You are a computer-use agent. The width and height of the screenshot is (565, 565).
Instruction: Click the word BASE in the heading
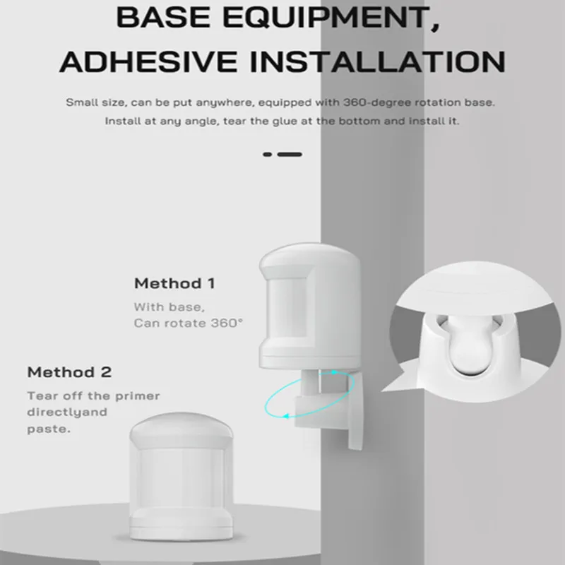click(164, 16)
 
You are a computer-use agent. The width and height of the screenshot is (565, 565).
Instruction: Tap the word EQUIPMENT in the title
click(331, 17)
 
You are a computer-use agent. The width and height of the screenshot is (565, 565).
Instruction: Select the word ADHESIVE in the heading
click(148, 61)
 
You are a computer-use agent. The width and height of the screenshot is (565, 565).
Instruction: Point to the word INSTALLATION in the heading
click(378, 61)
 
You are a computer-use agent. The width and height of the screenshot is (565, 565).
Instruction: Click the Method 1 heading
click(174, 283)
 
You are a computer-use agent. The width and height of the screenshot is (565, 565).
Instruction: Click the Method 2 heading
click(69, 372)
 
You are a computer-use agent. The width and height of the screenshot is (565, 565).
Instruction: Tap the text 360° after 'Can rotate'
click(227, 323)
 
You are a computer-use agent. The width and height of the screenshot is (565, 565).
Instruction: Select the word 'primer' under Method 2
click(137, 396)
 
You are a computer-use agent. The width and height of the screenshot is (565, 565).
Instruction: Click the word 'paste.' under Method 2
click(49, 429)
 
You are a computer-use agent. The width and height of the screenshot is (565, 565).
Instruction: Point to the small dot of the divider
click(268, 155)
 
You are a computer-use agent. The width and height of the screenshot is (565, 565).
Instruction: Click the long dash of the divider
click(290, 155)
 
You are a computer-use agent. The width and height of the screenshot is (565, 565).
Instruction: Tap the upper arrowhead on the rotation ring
click(333, 372)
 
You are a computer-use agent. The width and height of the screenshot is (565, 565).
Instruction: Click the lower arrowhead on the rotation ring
click(286, 416)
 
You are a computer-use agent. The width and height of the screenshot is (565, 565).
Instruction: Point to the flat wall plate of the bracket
click(355, 411)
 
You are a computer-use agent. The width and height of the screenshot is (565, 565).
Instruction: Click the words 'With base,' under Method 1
click(169, 307)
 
